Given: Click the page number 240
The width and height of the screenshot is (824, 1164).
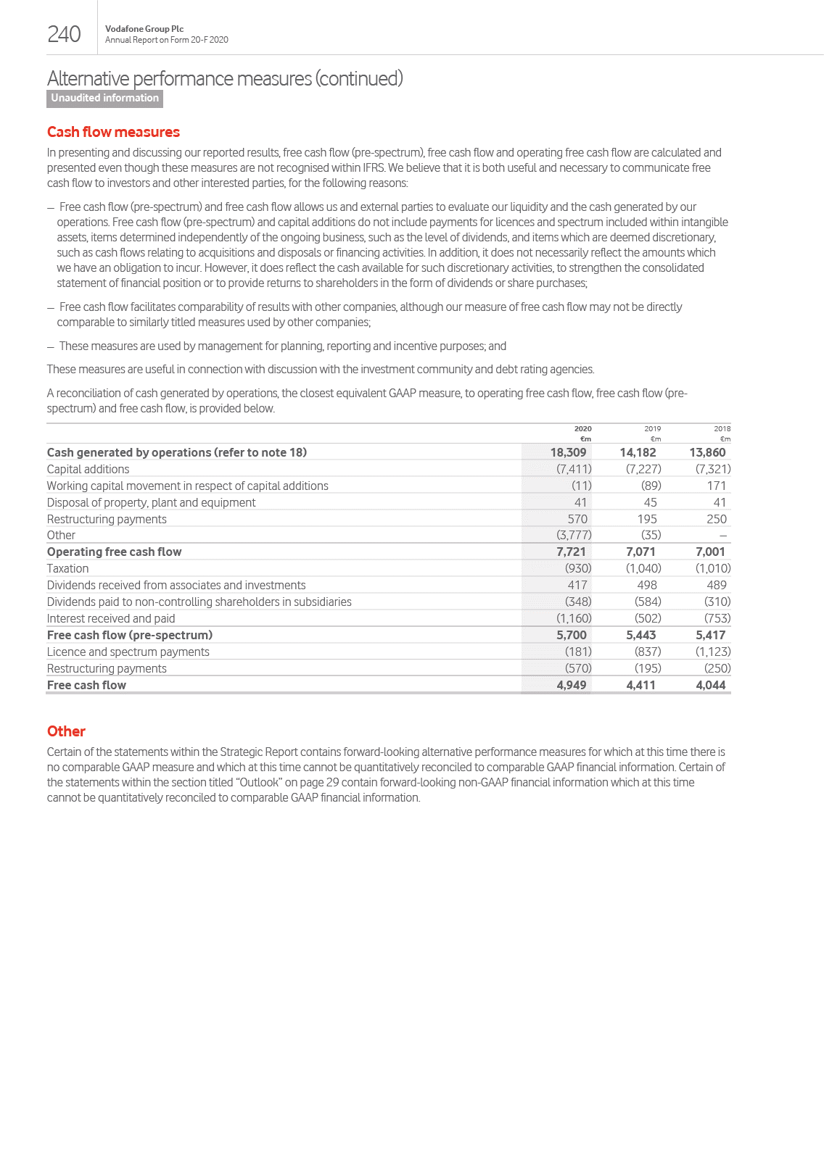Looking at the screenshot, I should point(64,34).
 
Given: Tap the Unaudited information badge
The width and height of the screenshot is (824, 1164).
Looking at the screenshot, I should point(104,99).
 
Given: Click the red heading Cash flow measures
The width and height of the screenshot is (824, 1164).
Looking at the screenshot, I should point(113,132).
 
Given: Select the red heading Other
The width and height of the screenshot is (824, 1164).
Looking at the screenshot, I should point(66,731).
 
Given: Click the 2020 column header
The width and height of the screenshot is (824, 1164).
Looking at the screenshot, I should point(582,429).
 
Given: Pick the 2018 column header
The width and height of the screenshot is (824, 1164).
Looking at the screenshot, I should point(722,429).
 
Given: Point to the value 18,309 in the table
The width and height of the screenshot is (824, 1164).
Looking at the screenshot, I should point(568,453).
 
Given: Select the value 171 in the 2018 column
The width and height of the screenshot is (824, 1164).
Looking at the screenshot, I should point(716,486).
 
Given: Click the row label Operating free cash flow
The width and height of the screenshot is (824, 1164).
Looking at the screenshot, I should point(114,552).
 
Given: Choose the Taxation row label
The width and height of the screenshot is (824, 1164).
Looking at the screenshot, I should point(67,569).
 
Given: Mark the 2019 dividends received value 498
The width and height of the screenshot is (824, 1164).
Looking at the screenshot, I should point(646,585).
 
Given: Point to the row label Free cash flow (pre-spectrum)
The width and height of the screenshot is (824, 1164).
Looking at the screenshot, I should point(129,636).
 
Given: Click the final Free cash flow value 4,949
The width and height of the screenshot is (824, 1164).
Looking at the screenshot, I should point(571,686).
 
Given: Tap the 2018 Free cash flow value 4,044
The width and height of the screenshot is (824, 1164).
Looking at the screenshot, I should point(710,686).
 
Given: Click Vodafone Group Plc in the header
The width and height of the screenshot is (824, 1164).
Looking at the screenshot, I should point(144,29).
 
